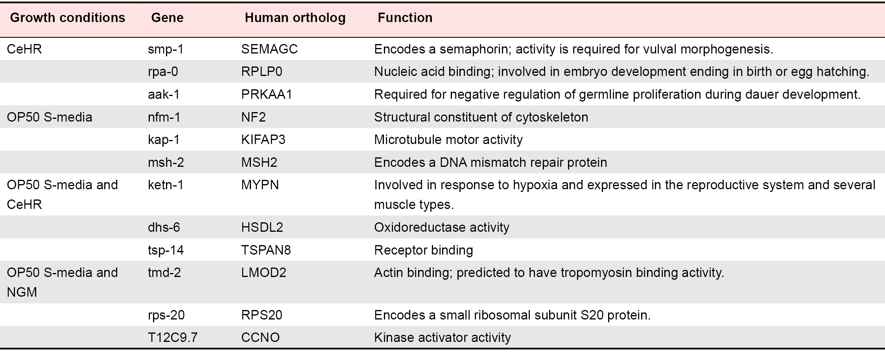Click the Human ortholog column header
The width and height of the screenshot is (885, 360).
tap(295, 18)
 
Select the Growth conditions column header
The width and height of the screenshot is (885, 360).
tap(68, 18)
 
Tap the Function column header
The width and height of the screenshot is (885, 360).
tap(405, 18)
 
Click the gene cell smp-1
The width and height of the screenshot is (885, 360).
tap(166, 49)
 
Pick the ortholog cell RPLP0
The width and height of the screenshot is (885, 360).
tap(262, 72)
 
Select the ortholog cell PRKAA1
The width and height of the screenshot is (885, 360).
tap(267, 94)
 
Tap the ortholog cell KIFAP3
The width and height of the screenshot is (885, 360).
tap(263, 140)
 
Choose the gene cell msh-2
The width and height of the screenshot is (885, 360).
tap(166, 162)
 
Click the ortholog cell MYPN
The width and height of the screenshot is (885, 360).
tap(260, 185)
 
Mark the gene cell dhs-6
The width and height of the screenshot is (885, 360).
tap(164, 227)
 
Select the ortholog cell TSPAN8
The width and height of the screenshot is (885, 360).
tap(266, 250)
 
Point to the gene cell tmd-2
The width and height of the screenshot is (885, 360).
tap(164, 273)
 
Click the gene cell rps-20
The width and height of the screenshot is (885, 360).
tap(166, 315)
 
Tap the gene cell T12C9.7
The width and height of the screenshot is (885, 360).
tap(173, 338)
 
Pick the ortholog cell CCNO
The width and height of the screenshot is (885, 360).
tap(260, 338)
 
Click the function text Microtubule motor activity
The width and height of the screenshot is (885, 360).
tap(448, 140)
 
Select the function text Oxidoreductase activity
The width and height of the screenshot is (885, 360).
tap(442, 227)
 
